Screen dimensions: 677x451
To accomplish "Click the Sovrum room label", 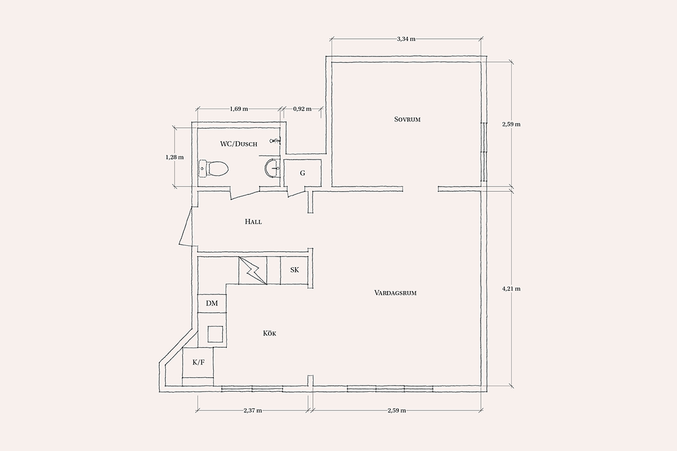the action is click(x=407, y=120).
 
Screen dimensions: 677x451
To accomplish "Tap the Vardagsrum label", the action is click(x=395, y=293).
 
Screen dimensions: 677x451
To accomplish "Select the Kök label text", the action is click(x=270, y=334).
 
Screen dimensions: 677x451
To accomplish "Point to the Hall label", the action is click(x=253, y=222).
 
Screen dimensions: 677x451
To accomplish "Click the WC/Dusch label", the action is click(x=239, y=144).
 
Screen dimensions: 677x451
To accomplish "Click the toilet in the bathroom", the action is click(x=213, y=169).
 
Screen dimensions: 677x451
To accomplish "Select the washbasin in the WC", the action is click(x=272, y=167).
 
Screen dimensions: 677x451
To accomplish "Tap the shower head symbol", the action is click(x=275, y=140).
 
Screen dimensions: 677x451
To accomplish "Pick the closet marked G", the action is click(x=302, y=174).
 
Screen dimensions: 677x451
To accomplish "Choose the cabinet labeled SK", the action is click(x=294, y=270).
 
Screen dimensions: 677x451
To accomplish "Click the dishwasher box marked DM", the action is click(x=212, y=303).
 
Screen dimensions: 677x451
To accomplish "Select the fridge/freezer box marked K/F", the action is click(x=198, y=362).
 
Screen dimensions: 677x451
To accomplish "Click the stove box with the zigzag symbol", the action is click(x=253, y=271).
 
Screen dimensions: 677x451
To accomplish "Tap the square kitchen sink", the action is click(x=215, y=334).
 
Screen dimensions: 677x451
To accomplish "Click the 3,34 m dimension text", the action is click(x=406, y=39).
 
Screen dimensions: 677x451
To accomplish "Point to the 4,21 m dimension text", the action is click(x=511, y=289).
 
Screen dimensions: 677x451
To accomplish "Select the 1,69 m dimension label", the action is click(x=239, y=109).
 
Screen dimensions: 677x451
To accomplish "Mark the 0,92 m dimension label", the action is click(x=302, y=109).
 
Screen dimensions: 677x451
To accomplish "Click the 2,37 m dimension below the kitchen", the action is click(x=253, y=410).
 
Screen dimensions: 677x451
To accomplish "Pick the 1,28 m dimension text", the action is click(x=174, y=157).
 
